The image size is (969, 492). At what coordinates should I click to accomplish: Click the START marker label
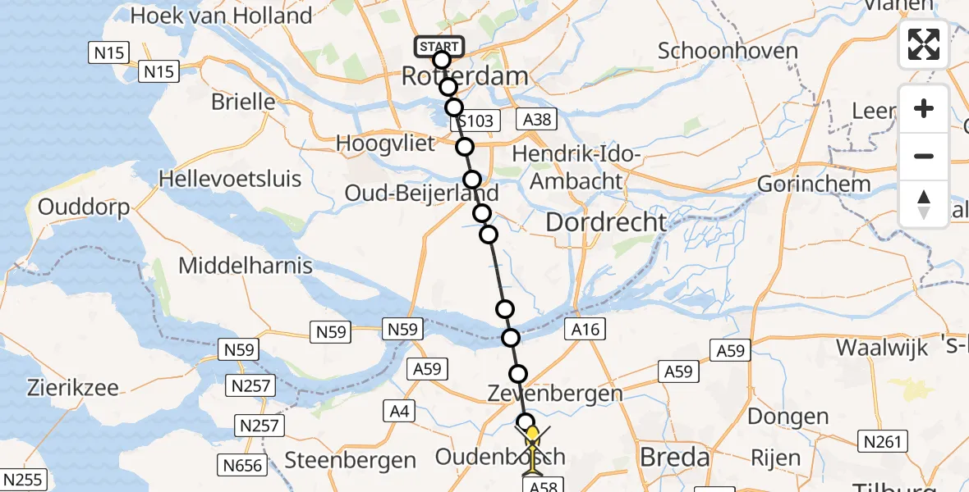coord(439,47)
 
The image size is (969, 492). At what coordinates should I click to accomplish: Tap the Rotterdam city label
coord(464,77)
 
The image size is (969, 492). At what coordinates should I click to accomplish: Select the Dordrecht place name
coord(605,221)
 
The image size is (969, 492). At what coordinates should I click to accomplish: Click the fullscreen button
coord(924,45)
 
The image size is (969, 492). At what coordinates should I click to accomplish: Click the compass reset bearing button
coord(924,204)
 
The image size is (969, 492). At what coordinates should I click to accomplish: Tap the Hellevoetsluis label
coord(230,179)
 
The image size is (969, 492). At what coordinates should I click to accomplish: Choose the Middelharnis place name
coord(246,266)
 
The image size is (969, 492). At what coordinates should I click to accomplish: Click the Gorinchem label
coord(814,184)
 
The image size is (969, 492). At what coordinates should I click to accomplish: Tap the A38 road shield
coord(537,121)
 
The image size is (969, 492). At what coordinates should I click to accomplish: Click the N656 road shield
coord(243,466)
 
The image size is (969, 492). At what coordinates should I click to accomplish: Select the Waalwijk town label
coord(882,347)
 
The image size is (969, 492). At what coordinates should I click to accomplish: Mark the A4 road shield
coord(400,412)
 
